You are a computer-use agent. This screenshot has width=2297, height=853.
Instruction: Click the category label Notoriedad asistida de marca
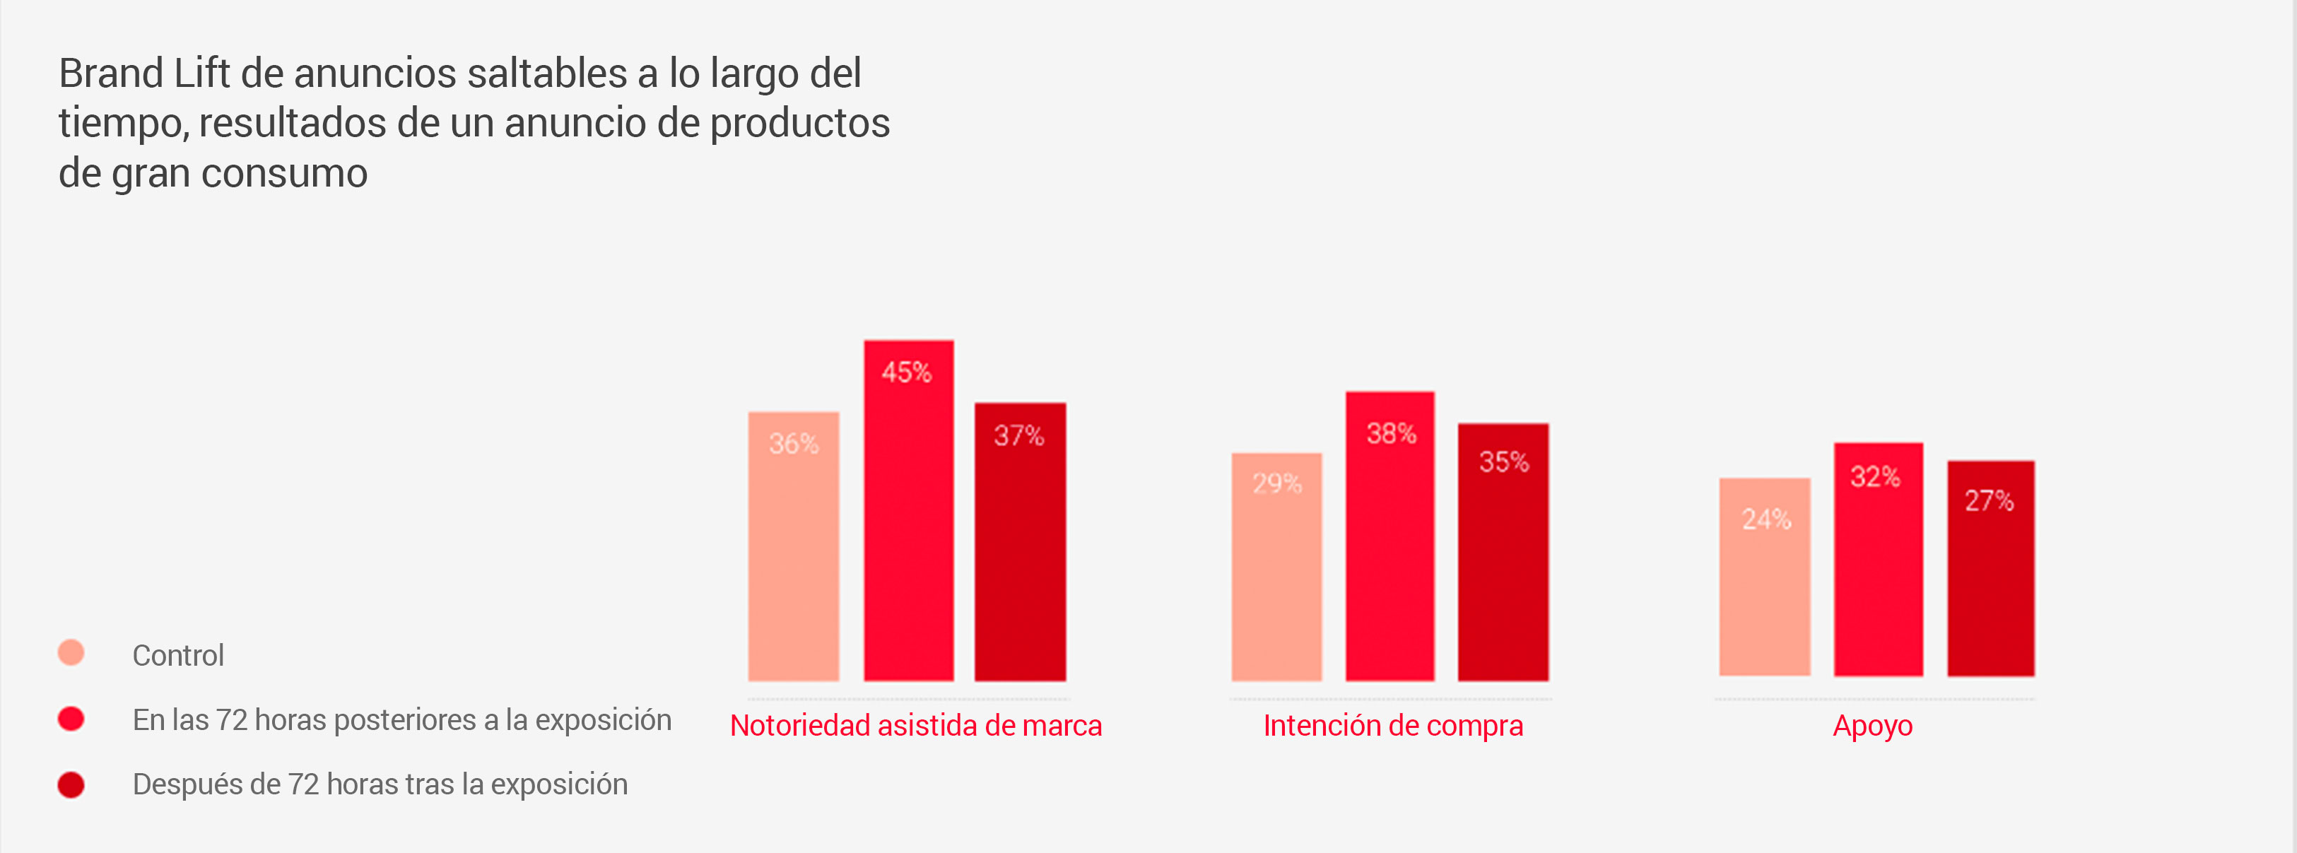[x=916, y=726]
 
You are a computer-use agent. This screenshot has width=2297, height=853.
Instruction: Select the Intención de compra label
[x=1393, y=726]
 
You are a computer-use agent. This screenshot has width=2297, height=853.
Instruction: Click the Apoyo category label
[x=1872, y=726]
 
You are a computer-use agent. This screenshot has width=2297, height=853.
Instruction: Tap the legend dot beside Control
[x=71, y=652]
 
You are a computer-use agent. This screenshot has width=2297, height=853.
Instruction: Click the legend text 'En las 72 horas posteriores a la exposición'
[x=401, y=719]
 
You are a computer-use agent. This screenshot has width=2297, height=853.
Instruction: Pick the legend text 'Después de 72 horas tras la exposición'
[x=380, y=784]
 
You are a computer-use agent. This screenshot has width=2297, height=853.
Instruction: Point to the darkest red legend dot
[x=71, y=784]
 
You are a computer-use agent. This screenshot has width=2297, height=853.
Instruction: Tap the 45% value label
[x=907, y=372]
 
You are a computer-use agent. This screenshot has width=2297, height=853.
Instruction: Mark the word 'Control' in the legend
[x=178, y=655]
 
